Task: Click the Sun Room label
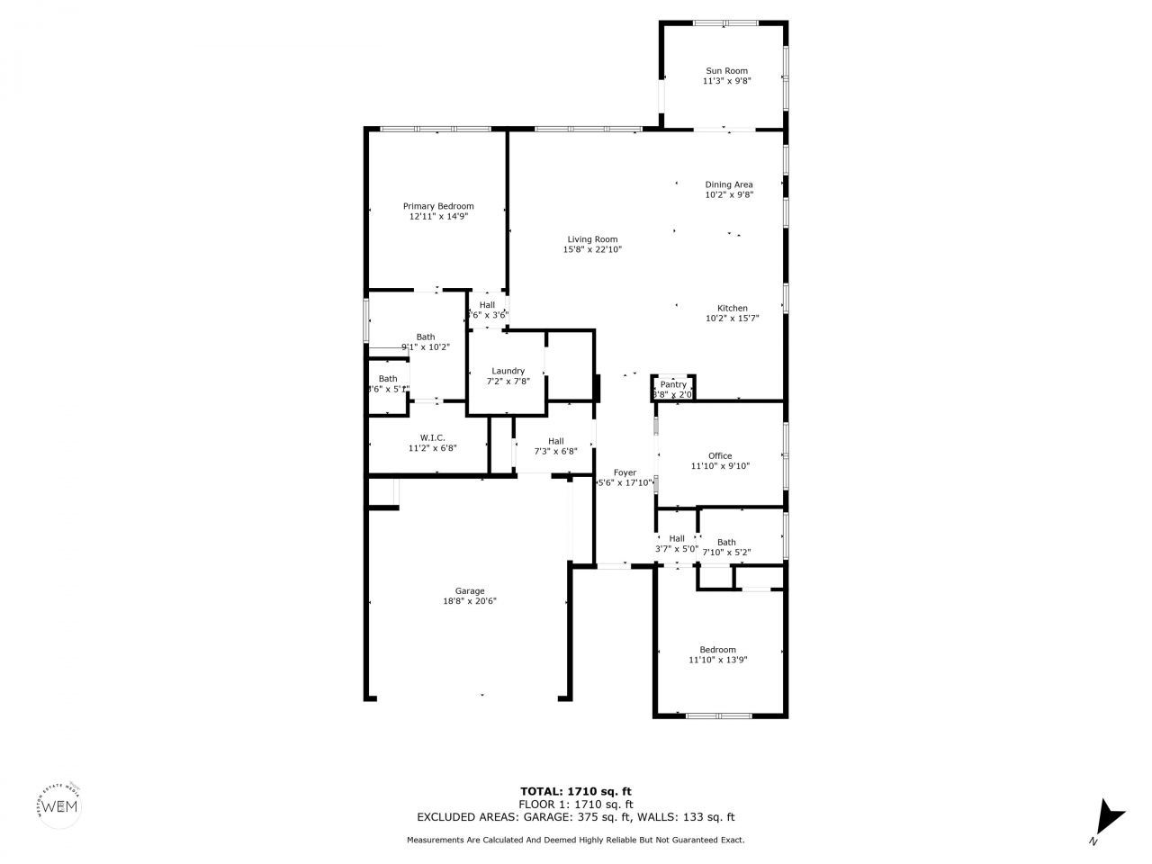726,71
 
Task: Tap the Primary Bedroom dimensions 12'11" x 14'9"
437,217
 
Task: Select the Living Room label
592,239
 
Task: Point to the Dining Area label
729,185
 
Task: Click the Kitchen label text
732,308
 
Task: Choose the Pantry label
673,384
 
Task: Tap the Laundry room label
508,371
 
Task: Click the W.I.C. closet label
433,437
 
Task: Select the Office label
720,456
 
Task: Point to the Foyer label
625,472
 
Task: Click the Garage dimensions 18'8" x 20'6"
470,601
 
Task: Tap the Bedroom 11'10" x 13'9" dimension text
718,660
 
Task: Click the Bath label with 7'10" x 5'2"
725,543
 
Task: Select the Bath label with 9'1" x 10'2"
426,337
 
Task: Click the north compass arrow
1109,817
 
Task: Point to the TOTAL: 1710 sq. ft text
575,791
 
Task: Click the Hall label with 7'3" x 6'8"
555,441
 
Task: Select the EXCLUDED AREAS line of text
575,817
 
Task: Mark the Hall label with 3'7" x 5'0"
677,538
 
